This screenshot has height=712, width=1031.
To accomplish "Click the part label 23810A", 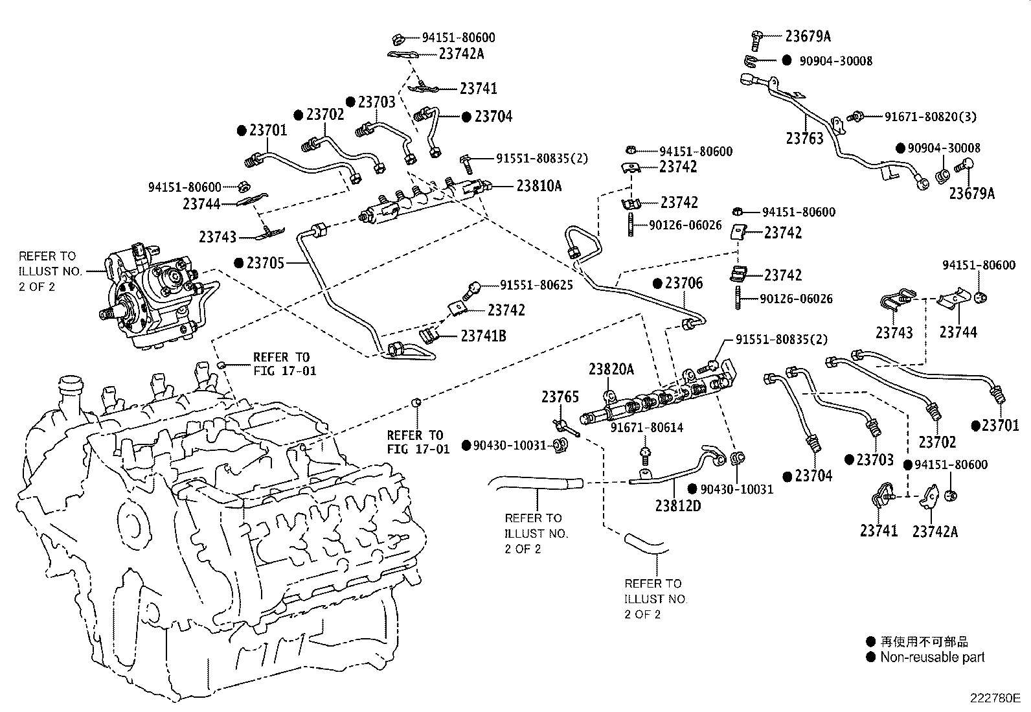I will pos(539,186).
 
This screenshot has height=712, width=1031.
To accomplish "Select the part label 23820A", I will pos(611,369).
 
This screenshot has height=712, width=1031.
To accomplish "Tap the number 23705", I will pos(267,263).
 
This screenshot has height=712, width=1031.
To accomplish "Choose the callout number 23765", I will pos(560,396).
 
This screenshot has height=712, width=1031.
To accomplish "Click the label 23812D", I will pos(677,505).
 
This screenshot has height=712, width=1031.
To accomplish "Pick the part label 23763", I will pos(804,138).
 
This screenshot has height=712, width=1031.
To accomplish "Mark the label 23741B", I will pos(484,336).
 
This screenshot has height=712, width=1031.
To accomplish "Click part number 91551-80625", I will pos(536,285).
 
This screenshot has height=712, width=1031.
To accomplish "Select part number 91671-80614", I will pos(647,428).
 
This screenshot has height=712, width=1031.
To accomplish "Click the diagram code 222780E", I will pos(995,698).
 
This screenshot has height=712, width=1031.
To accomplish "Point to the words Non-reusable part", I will pos(932,657).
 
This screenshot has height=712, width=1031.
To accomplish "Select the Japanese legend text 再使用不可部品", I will pos(924,641).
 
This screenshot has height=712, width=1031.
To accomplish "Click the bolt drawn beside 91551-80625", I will pos(472,289).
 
